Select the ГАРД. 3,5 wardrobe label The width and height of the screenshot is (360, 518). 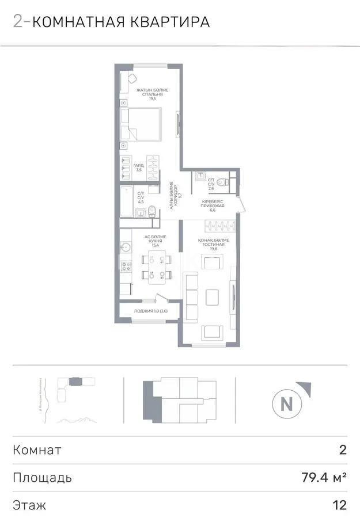point(139,168)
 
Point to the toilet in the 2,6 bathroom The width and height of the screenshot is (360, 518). point(226,181)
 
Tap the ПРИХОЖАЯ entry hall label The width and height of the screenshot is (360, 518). point(213,205)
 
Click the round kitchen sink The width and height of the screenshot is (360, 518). point(126,247)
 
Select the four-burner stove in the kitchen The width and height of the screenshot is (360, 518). point(126,265)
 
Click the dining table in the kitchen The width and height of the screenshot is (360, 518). point(154,266)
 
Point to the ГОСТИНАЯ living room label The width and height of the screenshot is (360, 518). point(214,245)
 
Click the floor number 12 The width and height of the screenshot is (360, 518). point(340,505)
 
